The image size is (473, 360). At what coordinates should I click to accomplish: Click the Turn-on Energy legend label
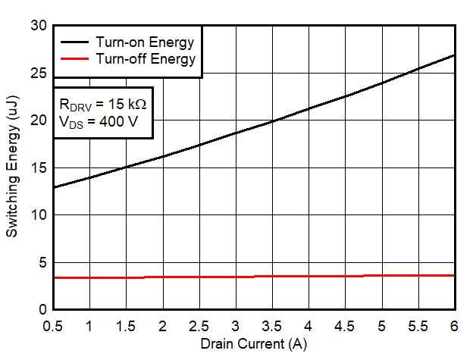click(145, 42)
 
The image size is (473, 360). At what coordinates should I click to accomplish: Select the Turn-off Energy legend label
click(145, 58)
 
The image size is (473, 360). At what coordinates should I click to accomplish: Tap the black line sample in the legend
click(74, 42)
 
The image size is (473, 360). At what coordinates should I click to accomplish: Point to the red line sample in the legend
click(74, 58)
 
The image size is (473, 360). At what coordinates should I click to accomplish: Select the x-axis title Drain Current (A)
click(254, 343)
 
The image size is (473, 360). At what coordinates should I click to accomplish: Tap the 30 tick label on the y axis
click(39, 26)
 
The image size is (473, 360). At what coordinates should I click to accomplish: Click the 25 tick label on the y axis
click(39, 74)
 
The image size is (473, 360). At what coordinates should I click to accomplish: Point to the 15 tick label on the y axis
click(39, 168)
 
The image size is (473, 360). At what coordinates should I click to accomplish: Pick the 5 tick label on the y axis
click(43, 263)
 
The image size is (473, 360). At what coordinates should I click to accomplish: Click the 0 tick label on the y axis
click(43, 310)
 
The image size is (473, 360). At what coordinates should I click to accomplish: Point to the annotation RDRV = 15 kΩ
click(102, 104)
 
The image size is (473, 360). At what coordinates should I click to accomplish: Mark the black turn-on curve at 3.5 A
click(272, 121)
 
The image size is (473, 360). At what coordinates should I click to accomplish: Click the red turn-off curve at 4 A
click(309, 276)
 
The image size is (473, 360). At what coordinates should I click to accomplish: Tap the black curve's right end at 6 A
click(453, 55)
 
